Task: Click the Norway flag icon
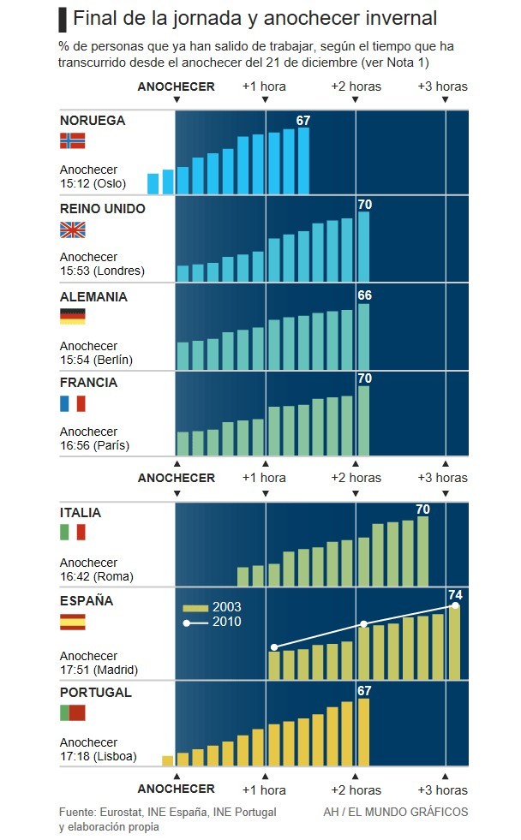[x=73, y=141]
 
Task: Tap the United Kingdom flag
[x=73, y=229]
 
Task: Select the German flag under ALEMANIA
[x=73, y=317]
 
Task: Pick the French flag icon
[x=73, y=403]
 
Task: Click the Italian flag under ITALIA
[x=73, y=533]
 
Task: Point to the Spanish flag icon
[x=73, y=622]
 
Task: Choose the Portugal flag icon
[x=73, y=712]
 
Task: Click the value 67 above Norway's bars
[x=302, y=121]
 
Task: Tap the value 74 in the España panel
[x=454, y=594]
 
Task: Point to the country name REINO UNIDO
[x=103, y=209]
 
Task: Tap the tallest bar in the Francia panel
[x=363, y=420]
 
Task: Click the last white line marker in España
[x=455, y=605]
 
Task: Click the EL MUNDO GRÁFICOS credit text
[x=396, y=812]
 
